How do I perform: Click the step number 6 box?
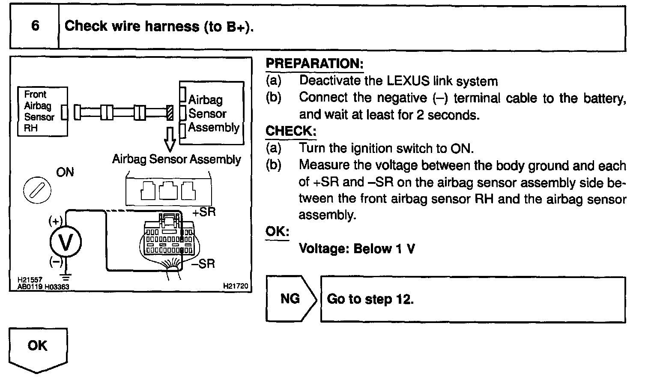pyautogui.click(x=34, y=27)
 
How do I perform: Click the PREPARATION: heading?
pyautogui.click(x=314, y=64)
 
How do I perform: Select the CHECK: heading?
pyautogui.click(x=291, y=131)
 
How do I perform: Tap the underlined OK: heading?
pyautogui.click(x=277, y=231)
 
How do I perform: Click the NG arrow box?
pyautogui.click(x=290, y=299)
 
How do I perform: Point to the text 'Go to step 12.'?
pyautogui.click(x=370, y=299)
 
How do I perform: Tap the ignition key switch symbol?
pyautogui.click(x=36, y=189)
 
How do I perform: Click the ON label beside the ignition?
pyautogui.click(x=65, y=172)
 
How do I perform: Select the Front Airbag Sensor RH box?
pyautogui.click(x=42, y=111)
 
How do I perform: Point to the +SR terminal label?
pyautogui.click(x=204, y=212)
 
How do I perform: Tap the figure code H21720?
pyautogui.click(x=236, y=286)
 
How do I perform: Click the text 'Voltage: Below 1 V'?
pyautogui.click(x=356, y=248)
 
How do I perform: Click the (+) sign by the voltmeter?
pyautogui.click(x=56, y=221)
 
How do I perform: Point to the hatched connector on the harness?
pyautogui.click(x=170, y=113)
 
